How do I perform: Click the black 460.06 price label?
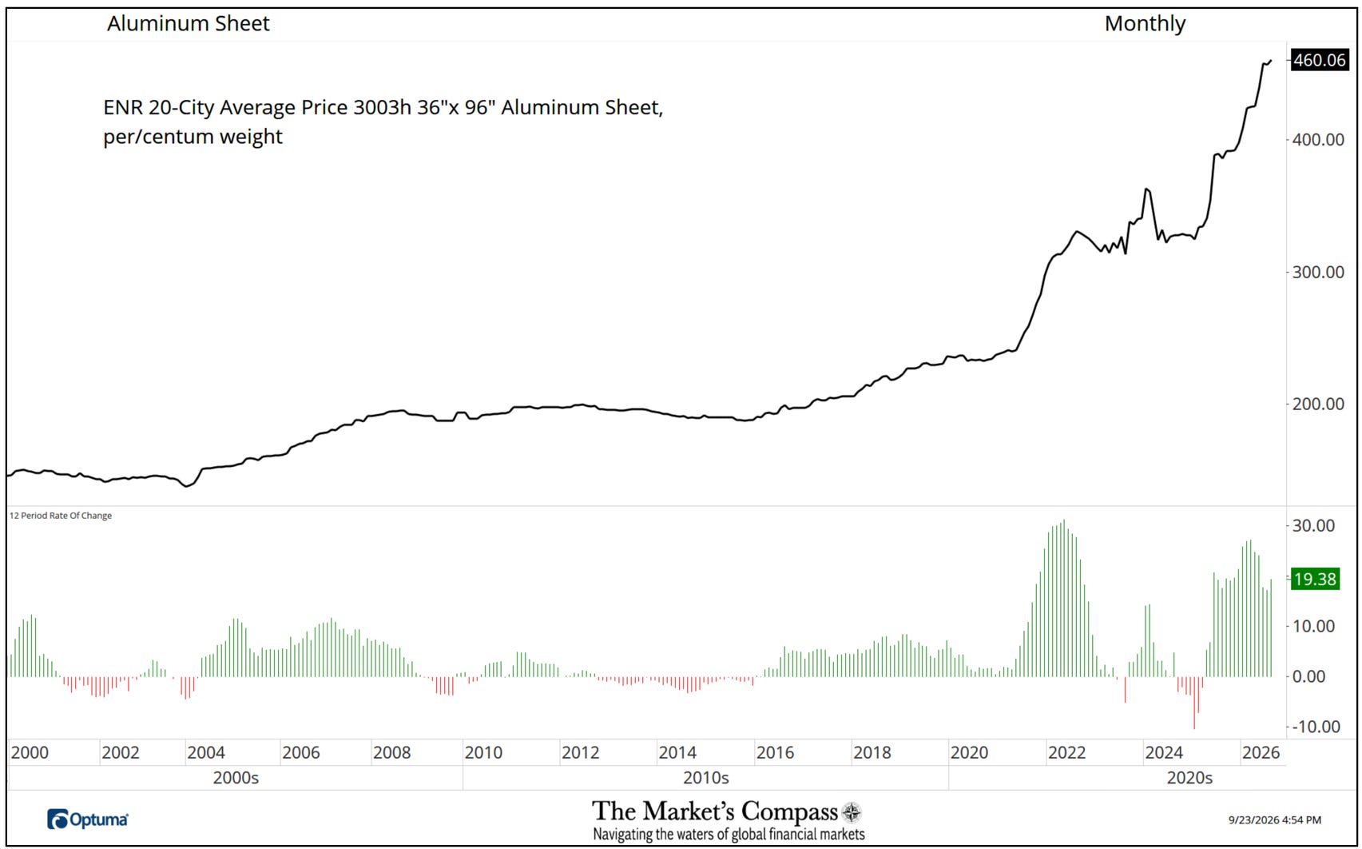[x=1320, y=60]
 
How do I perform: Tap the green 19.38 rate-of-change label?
[x=1315, y=579]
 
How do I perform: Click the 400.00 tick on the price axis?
[x=1318, y=139]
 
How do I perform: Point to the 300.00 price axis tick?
[x=1318, y=272]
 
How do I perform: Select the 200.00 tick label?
[x=1318, y=404]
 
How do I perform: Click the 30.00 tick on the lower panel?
[x=1313, y=525]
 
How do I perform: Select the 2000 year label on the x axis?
[x=30, y=753]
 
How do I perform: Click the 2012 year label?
[x=580, y=753]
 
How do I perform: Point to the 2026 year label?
[x=1261, y=753]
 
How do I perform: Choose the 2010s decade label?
[x=705, y=778]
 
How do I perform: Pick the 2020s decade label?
[x=1189, y=778]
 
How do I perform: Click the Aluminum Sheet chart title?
[x=188, y=23]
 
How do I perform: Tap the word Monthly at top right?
[x=1145, y=24]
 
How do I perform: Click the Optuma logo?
[x=88, y=819]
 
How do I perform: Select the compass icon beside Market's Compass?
[x=852, y=812]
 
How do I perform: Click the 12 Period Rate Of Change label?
[x=60, y=516]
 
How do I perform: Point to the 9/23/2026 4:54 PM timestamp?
[x=1274, y=819]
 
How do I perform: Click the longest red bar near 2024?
[x=1194, y=703]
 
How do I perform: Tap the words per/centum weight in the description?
[x=193, y=137]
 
